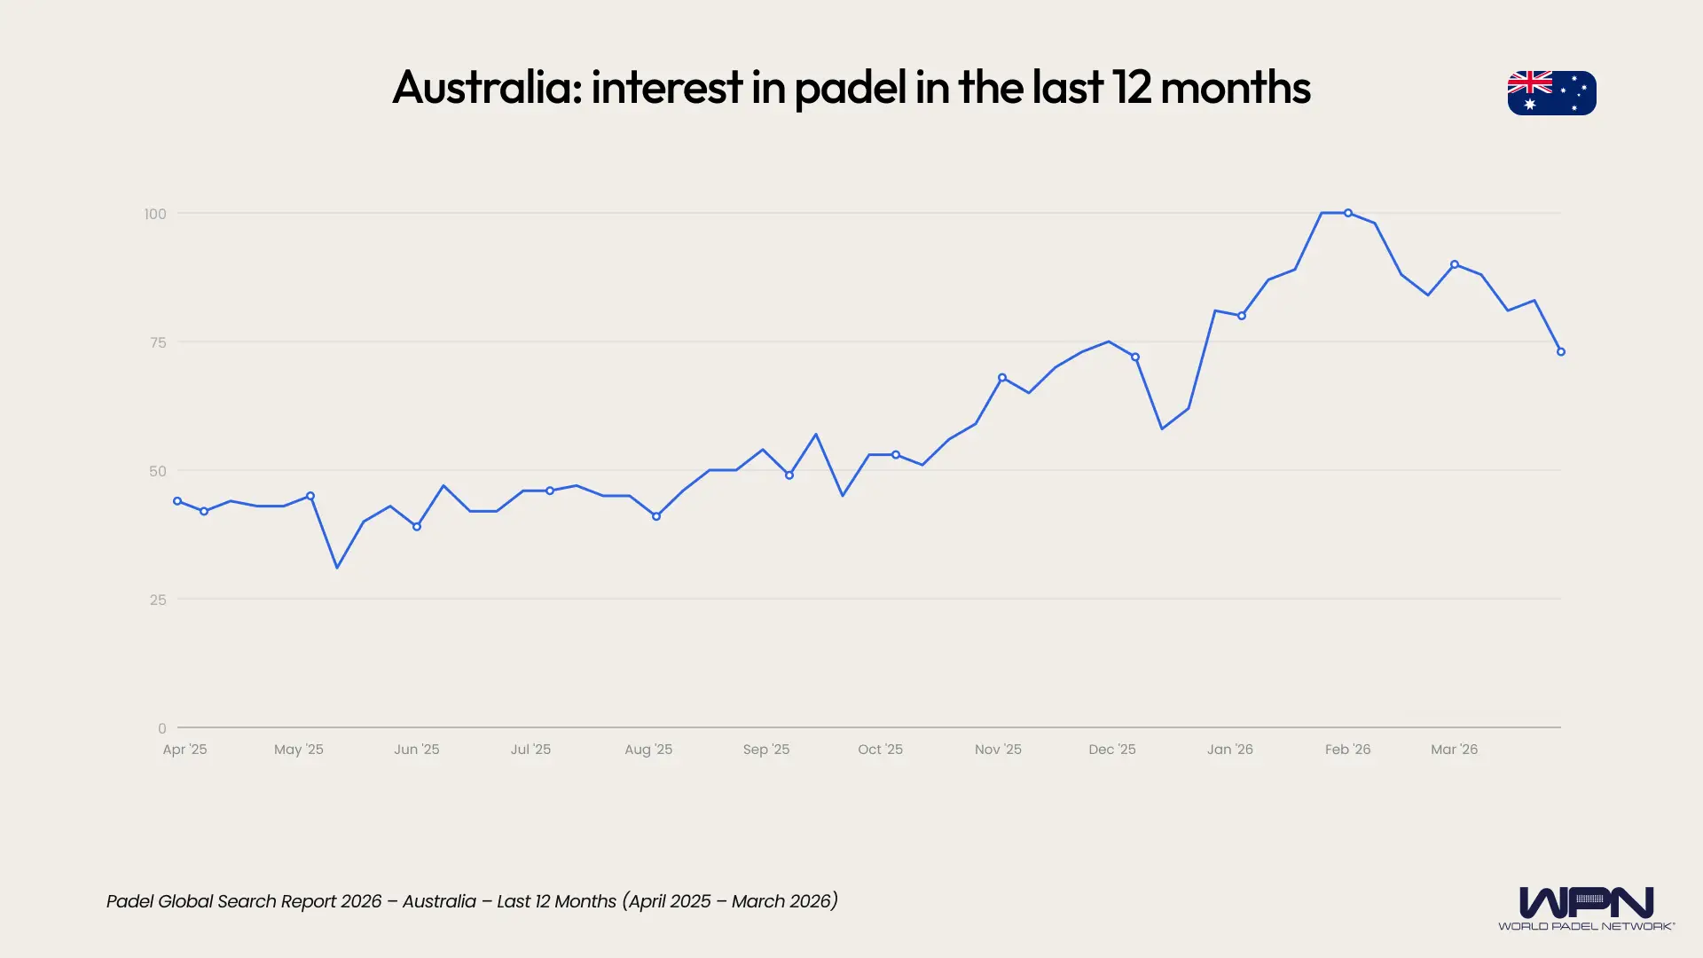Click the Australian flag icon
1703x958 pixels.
(1551, 93)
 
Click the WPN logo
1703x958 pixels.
(1586, 903)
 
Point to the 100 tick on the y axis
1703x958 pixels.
(155, 214)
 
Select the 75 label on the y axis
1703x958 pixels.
(158, 342)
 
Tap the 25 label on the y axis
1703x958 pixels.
(158, 600)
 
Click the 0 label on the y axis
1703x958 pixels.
(161, 728)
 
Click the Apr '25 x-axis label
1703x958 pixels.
(184, 750)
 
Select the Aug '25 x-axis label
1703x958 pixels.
(648, 750)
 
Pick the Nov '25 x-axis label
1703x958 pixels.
(998, 750)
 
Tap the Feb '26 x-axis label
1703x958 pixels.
(1347, 750)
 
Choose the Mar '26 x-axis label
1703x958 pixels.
(1454, 750)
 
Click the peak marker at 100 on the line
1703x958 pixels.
(1348, 213)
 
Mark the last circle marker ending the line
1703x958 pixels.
(1561, 352)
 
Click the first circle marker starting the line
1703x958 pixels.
(177, 501)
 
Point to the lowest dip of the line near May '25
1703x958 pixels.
(337, 567)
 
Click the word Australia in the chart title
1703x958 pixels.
(487, 87)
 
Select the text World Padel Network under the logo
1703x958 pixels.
(1586, 926)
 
